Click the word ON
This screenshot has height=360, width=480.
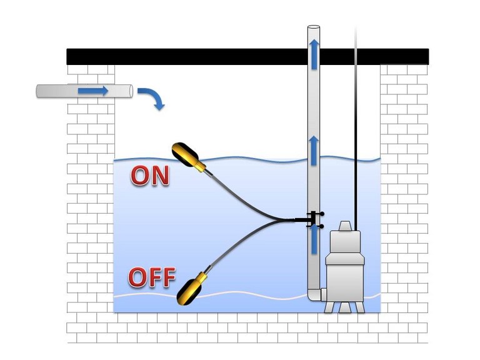(150, 176)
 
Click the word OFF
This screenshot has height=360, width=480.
(151, 277)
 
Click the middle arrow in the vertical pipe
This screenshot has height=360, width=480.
(314, 151)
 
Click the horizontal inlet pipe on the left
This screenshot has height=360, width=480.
(62, 91)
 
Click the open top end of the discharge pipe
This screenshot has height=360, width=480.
(314, 27)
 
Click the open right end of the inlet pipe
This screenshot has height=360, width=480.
(130, 91)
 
